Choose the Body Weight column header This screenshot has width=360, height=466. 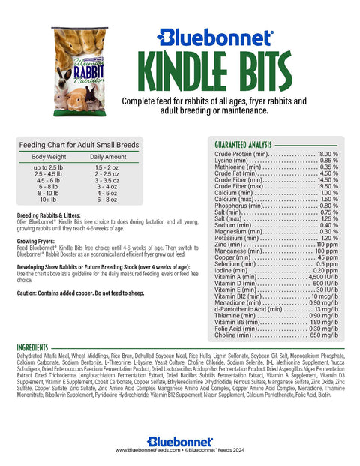[x=49, y=156]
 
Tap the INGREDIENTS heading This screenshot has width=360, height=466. [x=37, y=347]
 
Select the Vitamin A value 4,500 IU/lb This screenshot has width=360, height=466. [x=322, y=277]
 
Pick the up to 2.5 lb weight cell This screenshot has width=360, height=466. [x=49, y=167]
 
